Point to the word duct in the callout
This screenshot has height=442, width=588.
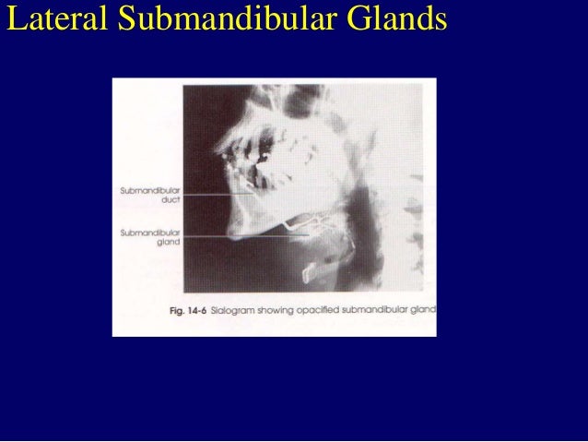[171, 200]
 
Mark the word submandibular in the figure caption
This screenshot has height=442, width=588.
[384, 310]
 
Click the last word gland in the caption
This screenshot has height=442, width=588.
[426, 310]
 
